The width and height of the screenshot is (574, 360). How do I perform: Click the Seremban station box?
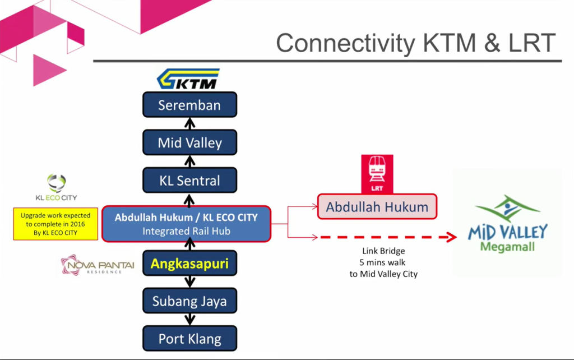coord(189,105)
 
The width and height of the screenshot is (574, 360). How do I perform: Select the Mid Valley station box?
coord(189,142)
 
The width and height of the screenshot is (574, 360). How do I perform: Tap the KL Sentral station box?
coord(189,181)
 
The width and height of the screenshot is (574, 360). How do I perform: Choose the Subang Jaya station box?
coord(189,301)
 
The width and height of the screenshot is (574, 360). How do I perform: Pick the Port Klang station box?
coord(189,339)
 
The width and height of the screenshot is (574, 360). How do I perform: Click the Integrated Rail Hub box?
coord(186,223)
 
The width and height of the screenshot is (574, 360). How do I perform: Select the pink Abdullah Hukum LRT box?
coord(377,207)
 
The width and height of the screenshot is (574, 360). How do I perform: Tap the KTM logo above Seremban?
coord(188,79)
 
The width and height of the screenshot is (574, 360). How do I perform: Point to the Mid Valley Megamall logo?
coord(507,224)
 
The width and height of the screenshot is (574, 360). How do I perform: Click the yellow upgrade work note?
coord(55,224)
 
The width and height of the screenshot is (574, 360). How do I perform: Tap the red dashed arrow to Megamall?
coord(387,237)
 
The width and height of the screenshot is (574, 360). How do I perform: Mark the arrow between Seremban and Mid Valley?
coord(189,123)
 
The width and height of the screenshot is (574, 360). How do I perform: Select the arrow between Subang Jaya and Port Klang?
coord(189,320)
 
